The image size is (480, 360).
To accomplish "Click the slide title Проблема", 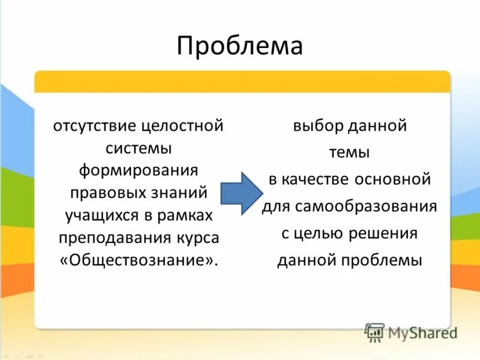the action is coord(239,46).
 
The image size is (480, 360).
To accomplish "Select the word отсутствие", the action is coord(95,126).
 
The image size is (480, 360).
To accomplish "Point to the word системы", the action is coord(139,148).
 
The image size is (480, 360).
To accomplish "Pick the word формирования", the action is coord(139,170).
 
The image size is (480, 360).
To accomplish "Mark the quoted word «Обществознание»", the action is coord(139,260).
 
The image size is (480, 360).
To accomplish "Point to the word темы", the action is coord(349,153).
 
